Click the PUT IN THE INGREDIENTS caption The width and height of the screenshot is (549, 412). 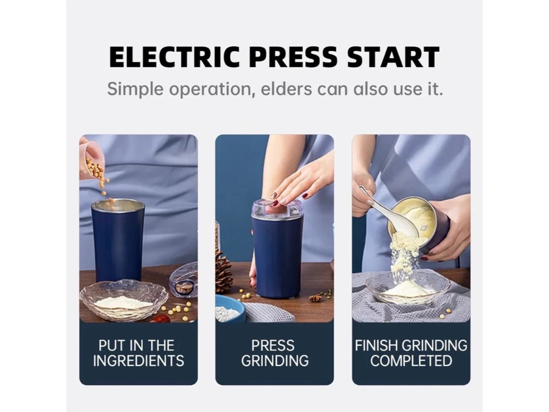[138, 353]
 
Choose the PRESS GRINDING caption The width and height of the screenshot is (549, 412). [274, 353]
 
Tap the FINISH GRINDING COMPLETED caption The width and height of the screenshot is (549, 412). [411, 353]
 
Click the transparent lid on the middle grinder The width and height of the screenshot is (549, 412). [277, 210]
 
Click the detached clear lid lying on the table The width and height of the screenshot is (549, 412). [184, 281]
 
